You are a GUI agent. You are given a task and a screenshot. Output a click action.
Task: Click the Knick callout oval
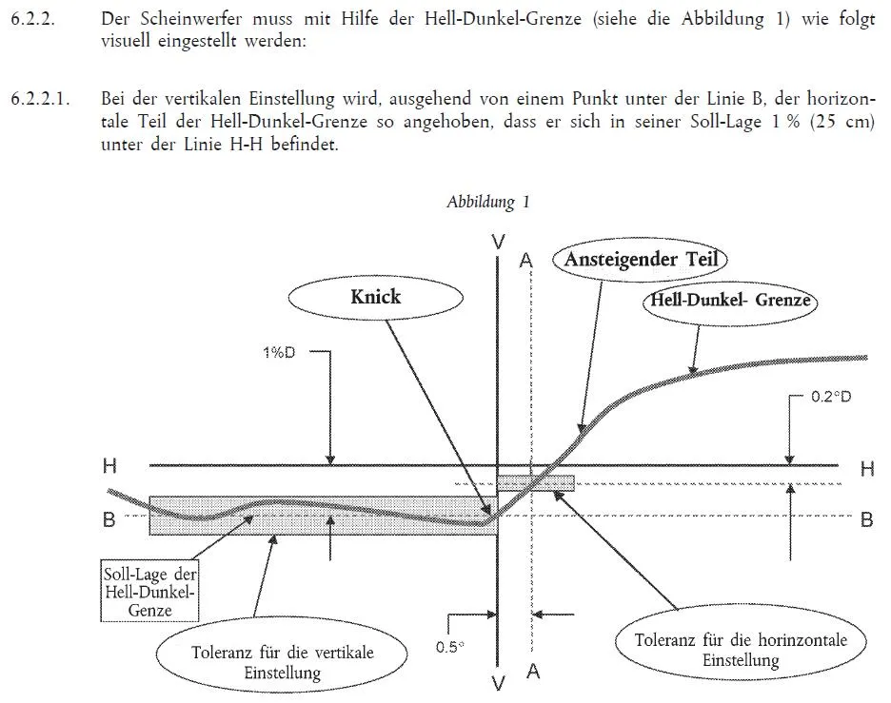pyautogui.click(x=376, y=296)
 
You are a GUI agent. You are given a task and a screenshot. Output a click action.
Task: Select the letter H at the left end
pyautogui.click(x=109, y=466)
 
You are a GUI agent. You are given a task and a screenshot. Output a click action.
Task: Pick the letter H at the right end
pyautogui.click(x=865, y=468)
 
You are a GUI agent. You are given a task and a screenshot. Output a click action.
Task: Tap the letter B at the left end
pyautogui.click(x=109, y=519)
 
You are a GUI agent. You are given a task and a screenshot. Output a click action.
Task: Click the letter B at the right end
pyautogui.click(x=866, y=519)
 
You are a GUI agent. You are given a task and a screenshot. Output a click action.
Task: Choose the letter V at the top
pyautogui.click(x=499, y=243)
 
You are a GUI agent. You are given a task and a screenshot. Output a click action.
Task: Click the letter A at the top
pyautogui.click(x=525, y=259)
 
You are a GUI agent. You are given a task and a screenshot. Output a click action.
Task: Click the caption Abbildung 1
pyautogui.click(x=487, y=202)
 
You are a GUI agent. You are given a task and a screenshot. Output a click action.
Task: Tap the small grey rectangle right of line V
pyautogui.click(x=536, y=482)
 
